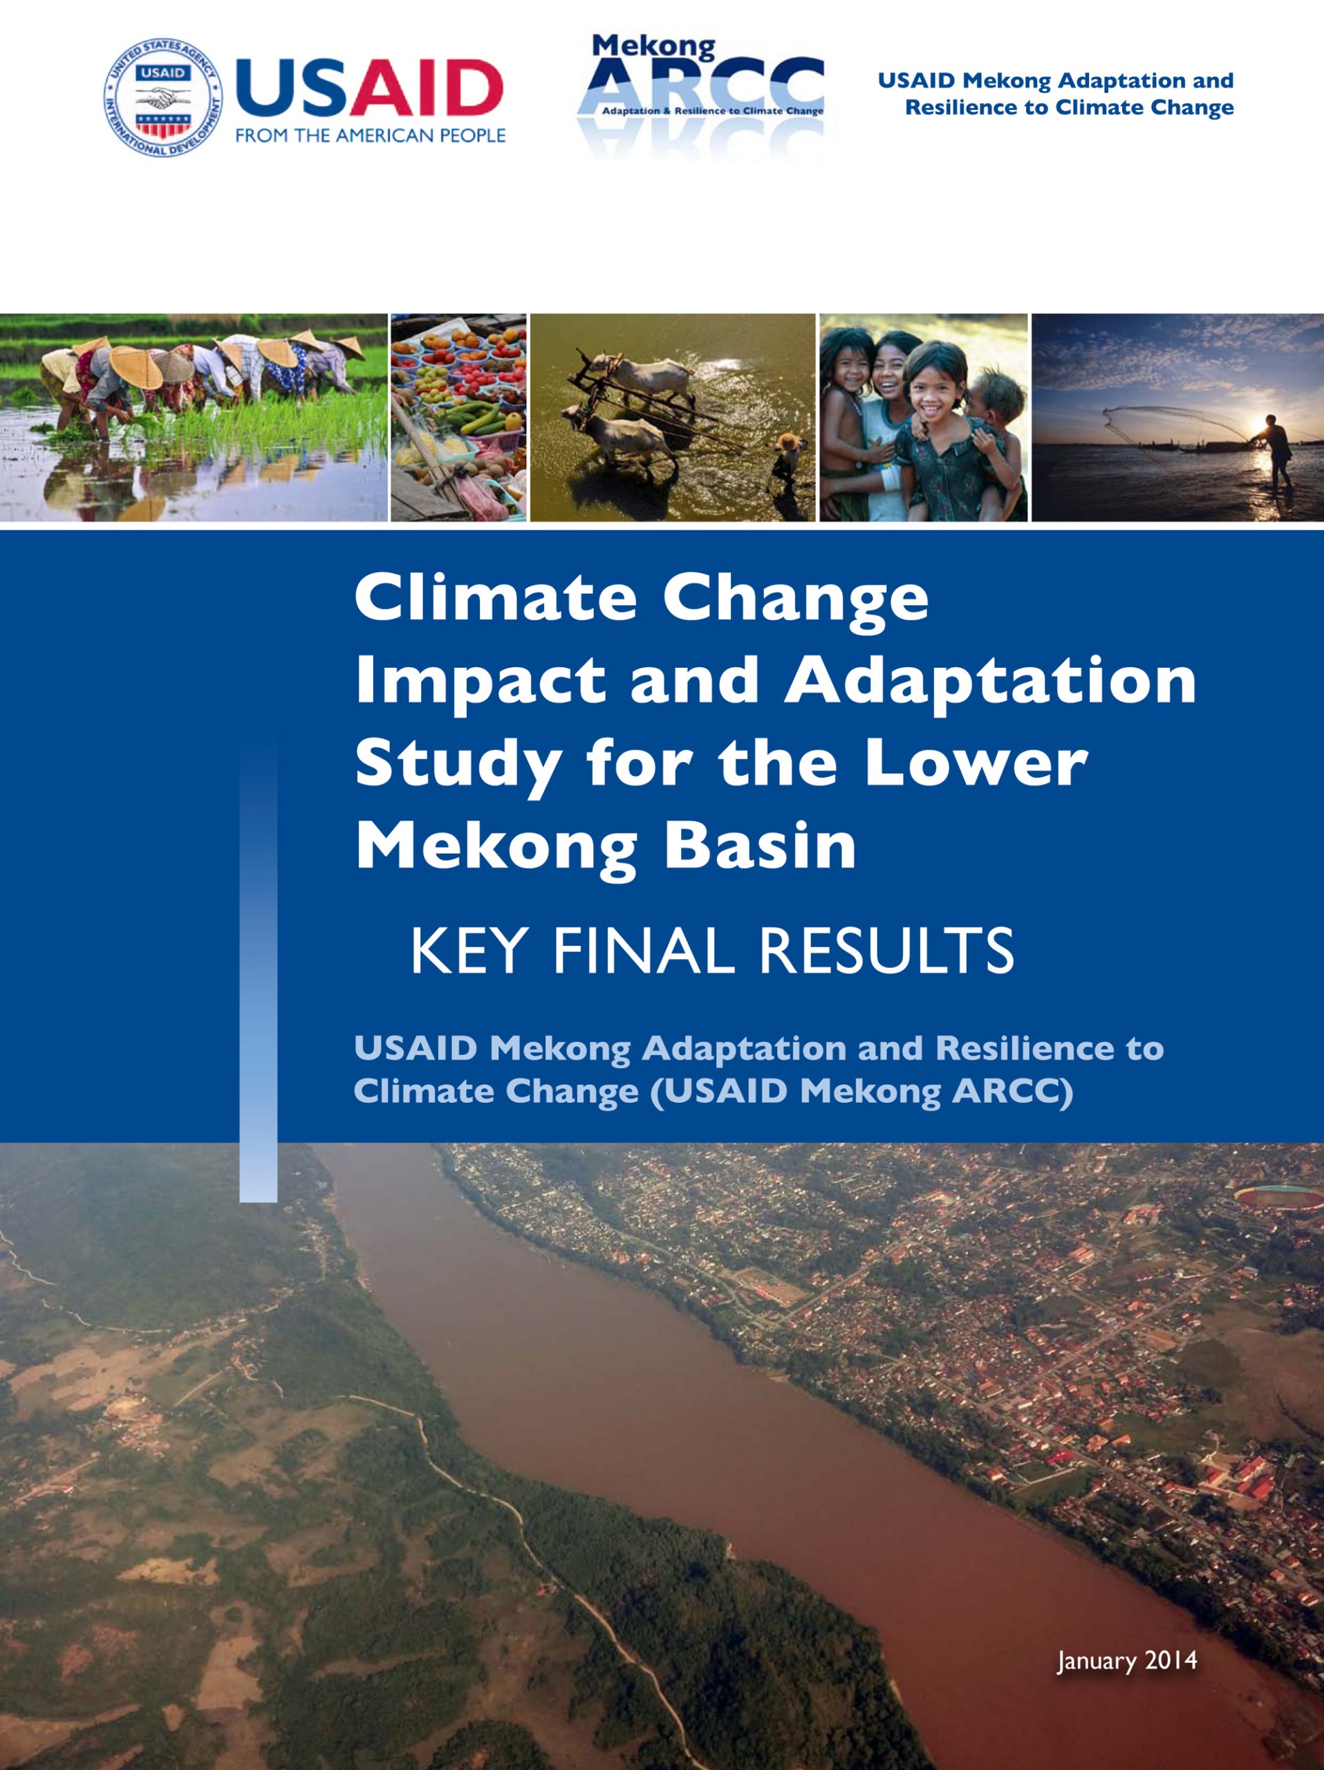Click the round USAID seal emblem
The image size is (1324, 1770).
pyautogui.click(x=163, y=97)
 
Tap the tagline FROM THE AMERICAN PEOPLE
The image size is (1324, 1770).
pyautogui.click(x=371, y=136)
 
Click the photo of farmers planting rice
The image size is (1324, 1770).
pyautogui.click(x=194, y=418)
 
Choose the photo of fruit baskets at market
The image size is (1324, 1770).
pyautogui.click(x=458, y=418)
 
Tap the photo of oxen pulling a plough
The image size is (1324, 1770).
pyautogui.click(x=673, y=418)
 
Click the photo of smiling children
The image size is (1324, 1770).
pyautogui.click(x=923, y=418)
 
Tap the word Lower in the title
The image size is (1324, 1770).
pyautogui.click(x=976, y=763)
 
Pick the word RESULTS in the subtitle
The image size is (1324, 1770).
pyautogui.click(x=886, y=951)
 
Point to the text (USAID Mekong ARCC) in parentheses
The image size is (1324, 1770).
pyautogui.click(x=861, y=1092)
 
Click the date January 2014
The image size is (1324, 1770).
pyautogui.click(x=1127, y=1660)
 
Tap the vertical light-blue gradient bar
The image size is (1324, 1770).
pyautogui.click(x=259, y=965)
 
